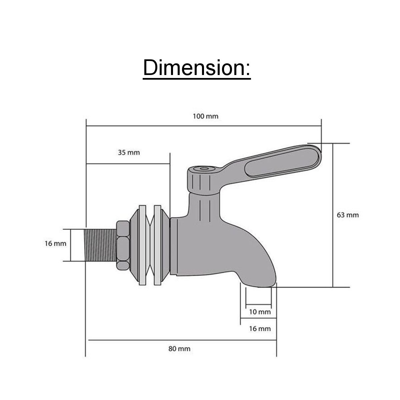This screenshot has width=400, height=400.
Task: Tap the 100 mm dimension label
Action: pyautogui.click(x=205, y=116)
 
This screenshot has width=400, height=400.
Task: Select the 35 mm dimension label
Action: pyautogui.click(x=129, y=153)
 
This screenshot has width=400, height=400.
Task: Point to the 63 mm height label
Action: pyautogui.click(x=348, y=215)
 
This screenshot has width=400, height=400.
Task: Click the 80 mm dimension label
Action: pyautogui.click(x=179, y=349)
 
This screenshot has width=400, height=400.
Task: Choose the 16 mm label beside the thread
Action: pyautogui.click(x=55, y=244)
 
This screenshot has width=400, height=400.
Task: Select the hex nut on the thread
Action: pyautogui.click(x=123, y=245)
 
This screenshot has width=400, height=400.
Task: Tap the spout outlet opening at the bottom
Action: pyautogui.click(x=259, y=285)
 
